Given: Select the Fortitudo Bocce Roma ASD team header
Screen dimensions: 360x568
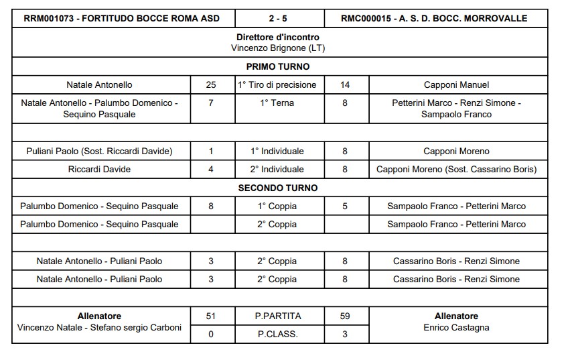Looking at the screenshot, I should (121, 18).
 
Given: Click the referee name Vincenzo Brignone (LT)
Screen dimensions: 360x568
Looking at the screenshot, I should (278, 48).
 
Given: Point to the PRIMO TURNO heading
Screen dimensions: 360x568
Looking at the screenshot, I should (278, 66).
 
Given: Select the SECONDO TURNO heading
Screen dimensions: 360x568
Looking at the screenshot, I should (278, 188).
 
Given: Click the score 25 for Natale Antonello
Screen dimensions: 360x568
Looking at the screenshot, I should (211, 85).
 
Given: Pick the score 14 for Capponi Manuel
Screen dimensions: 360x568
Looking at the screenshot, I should (345, 85).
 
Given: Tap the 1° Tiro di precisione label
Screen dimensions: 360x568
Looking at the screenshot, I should (278, 85).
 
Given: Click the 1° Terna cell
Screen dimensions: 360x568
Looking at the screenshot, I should (278, 103).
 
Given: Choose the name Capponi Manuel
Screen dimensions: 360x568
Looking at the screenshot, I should (456, 85).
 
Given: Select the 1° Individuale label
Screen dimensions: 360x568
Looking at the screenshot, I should (278, 152).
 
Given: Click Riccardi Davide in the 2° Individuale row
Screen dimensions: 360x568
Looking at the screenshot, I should (99, 170).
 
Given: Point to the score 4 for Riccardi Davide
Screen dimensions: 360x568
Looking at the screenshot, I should (211, 170).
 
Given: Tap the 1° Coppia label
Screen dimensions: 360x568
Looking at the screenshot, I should (278, 206).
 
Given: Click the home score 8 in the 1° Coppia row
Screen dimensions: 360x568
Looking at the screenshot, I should (211, 206).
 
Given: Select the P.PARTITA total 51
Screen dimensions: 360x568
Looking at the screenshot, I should (211, 316).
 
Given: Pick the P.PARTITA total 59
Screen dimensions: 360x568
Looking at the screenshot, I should (345, 316).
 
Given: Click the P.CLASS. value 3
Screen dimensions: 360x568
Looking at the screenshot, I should (345, 334).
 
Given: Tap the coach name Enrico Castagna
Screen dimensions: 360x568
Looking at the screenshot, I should (456, 328).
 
